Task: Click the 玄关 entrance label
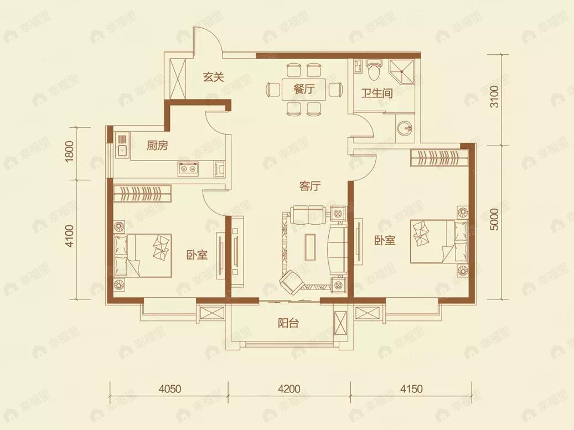[x=214, y=77]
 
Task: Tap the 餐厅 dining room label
[x=304, y=88]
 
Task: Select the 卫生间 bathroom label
[x=377, y=94]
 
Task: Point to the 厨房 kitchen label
[x=157, y=146]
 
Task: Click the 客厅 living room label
[x=310, y=186]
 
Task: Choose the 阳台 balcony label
[x=288, y=323]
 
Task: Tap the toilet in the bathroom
[x=374, y=70]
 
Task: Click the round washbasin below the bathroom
[x=404, y=128]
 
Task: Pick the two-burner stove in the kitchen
[x=188, y=168]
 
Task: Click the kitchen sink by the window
[x=122, y=146]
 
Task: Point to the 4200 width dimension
[x=289, y=388]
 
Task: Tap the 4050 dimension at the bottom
[x=170, y=388]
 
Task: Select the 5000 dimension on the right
[x=494, y=219]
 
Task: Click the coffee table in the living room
[x=310, y=247]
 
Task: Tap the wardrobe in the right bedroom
[x=439, y=158]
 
